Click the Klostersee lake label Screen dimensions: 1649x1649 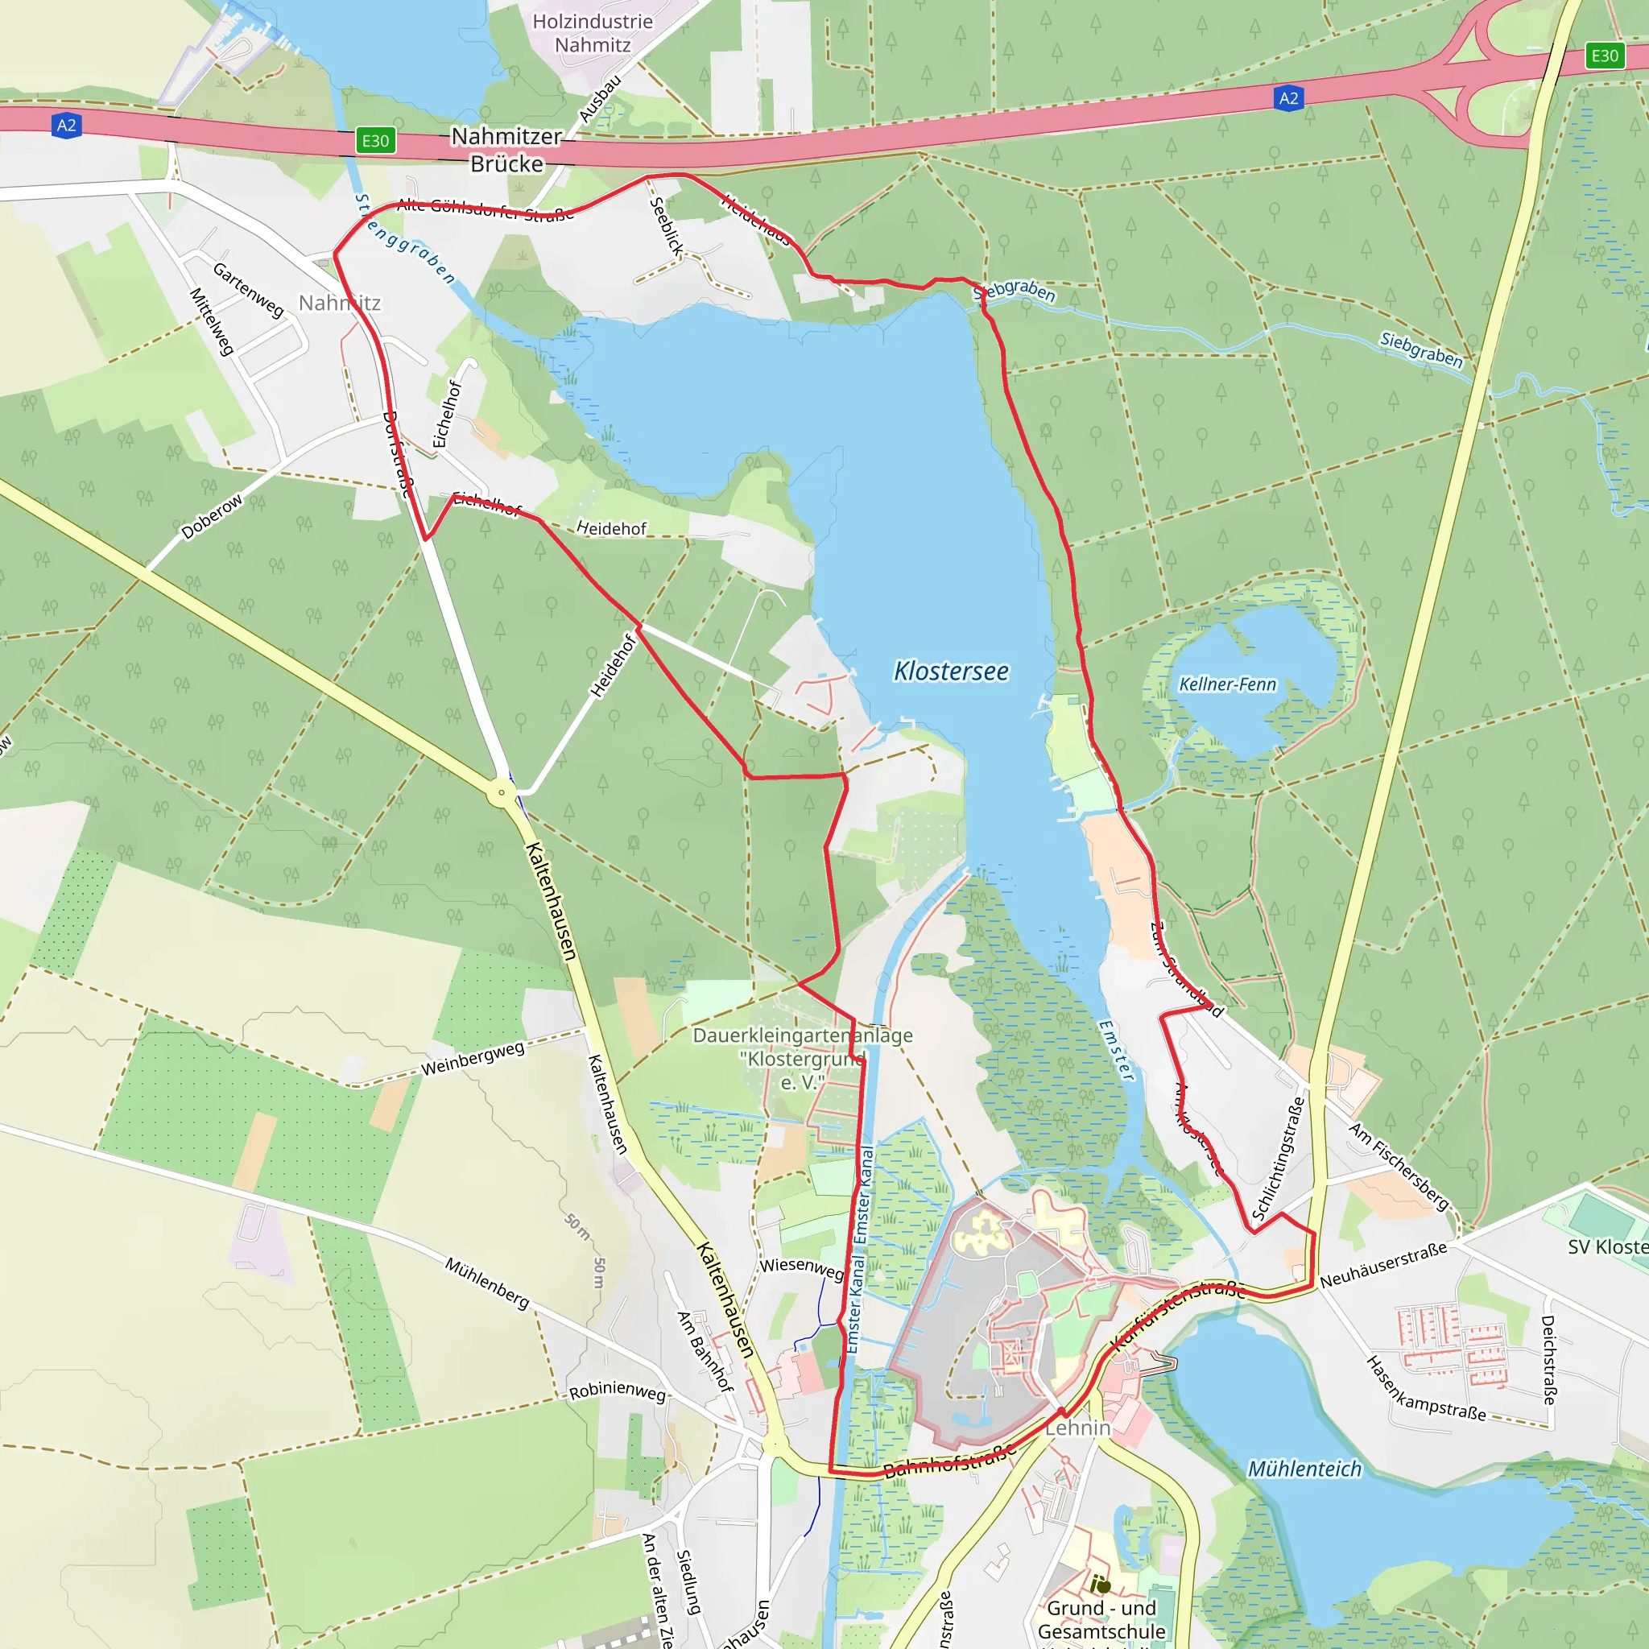[x=951, y=672]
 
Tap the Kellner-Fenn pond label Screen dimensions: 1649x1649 [x=1227, y=684]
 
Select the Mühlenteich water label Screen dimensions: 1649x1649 [x=1304, y=1469]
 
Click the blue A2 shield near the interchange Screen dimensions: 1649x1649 [x=1288, y=98]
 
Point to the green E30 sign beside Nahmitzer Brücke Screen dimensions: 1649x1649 [x=375, y=141]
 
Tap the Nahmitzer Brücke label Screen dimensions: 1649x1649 [x=507, y=151]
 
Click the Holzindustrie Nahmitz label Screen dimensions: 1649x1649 [x=593, y=33]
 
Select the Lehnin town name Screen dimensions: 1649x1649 [x=1078, y=1428]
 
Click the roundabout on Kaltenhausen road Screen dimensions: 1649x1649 [x=502, y=792]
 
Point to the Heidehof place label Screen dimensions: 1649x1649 [x=611, y=528]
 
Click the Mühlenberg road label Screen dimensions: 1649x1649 [x=487, y=1283]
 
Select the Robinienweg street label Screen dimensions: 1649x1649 [x=617, y=1391]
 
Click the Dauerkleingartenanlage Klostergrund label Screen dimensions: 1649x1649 [x=802, y=1058]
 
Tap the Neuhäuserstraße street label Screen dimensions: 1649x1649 [x=1382, y=1266]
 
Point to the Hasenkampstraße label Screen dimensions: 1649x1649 [x=1425, y=1390]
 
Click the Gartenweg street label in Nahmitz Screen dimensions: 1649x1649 [x=247, y=290]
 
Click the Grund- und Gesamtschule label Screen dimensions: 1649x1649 [x=1101, y=1619]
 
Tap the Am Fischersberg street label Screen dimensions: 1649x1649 [x=1399, y=1166]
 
